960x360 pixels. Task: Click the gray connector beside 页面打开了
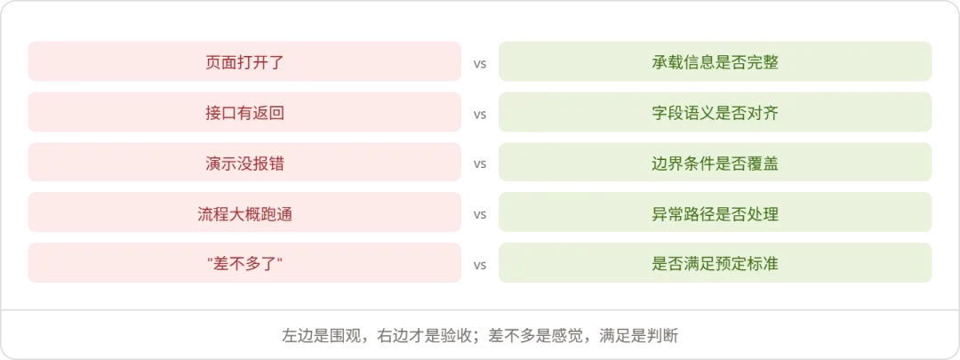pos(479,64)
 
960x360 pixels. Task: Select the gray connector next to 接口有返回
pos(479,114)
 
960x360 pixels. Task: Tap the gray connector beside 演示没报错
pos(479,164)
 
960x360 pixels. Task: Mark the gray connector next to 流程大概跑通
pos(479,213)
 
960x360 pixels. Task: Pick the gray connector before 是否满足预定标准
pos(479,263)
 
